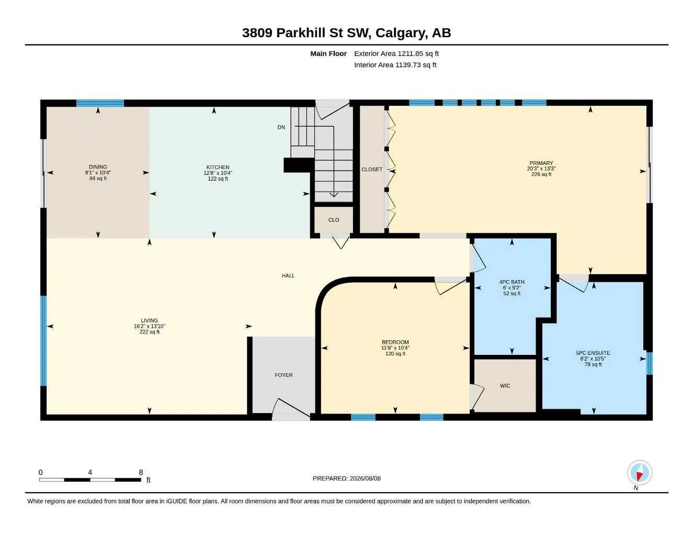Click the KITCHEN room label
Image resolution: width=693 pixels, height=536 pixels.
point(218,167)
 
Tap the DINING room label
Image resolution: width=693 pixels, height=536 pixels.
point(98,167)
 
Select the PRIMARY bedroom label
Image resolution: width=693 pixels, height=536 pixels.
point(541,163)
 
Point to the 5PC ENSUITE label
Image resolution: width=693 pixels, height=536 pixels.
point(593,353)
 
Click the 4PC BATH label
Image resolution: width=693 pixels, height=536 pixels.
point(512,282)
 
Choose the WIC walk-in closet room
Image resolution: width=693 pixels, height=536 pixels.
point(505,386)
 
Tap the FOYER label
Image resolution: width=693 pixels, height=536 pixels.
point(283,375)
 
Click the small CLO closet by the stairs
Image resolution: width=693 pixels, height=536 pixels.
point(334,220)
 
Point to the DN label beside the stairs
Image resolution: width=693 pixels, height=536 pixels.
point(281,127)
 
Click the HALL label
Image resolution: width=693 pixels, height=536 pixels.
point(288,276)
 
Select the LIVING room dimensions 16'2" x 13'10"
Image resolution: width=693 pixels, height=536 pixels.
point(150,327)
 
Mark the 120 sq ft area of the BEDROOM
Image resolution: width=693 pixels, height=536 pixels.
point(395,354)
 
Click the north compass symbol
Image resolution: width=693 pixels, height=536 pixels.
point(640,473)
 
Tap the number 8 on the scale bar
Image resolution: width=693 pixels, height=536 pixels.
point(141,472)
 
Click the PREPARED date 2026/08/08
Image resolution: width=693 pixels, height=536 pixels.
point(365,478)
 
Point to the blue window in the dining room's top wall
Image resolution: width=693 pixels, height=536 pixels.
point(100,103)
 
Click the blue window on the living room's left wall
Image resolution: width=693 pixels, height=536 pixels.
point(44,341)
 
